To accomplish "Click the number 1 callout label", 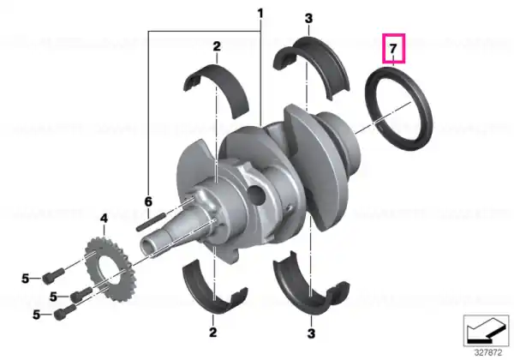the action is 260,14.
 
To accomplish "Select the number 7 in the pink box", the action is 393,48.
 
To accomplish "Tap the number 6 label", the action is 148,201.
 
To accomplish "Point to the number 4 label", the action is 104,218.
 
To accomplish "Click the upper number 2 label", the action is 217,46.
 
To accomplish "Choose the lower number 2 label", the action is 212,332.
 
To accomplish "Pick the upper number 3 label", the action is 308,19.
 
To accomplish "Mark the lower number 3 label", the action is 311,333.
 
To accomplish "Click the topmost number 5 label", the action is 25,279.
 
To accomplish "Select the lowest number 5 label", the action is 36,315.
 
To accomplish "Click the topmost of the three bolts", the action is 53,275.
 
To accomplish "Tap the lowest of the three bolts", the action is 64,311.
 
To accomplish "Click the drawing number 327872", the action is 488,353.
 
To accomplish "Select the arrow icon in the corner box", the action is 486,331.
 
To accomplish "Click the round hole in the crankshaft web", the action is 257,195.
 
